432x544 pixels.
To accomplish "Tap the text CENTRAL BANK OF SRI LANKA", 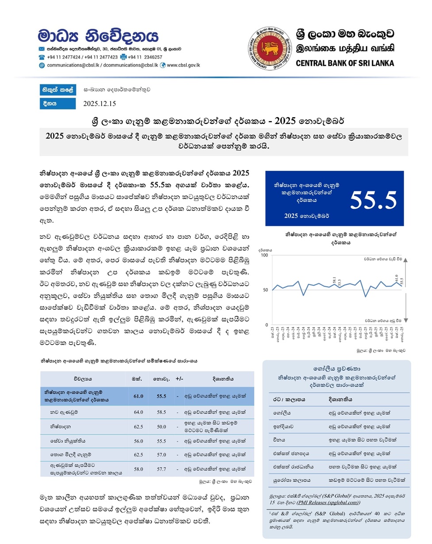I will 345,63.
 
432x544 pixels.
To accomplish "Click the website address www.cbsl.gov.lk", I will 183,65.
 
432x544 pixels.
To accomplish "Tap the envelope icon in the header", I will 42,49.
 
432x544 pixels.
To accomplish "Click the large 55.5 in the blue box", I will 373,200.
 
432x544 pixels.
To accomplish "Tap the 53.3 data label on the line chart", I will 339,283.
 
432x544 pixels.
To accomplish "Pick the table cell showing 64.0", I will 139,412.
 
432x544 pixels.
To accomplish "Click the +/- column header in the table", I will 179,379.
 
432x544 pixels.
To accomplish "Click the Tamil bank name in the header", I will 345,48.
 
